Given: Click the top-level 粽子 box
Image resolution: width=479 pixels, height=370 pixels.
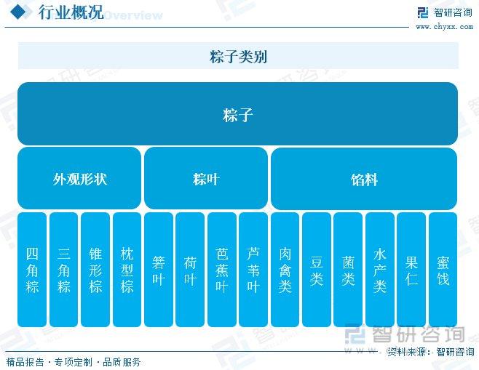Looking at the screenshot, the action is pyautogui.click(x=237, y=113).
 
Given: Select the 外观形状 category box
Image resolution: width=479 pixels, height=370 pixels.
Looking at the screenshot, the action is pyautogui.click(x=79, y=178).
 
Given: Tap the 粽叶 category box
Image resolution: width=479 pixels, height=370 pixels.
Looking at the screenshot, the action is pyautogui.click(x=206, y=178).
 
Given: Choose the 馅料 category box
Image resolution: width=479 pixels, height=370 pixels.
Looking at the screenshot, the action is pyautogui.click(x=364, y=179).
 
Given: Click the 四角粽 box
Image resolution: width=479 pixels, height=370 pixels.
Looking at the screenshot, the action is pyautogui.click(x=32, y=270).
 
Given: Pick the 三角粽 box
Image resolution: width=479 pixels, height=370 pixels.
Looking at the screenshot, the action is pyautogui.click(x=63, y=270).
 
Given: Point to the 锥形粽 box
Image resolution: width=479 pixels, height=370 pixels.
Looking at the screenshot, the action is pyautogui.click(x=95, y=270).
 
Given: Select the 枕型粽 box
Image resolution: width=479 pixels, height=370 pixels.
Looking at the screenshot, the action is pyautogui.click(x=127, y=270).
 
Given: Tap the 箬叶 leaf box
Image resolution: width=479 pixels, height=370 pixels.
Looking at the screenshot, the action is pyautogui.click(x=159, y=270).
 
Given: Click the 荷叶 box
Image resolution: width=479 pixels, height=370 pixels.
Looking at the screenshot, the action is pyautogui.click(x=190, y=270).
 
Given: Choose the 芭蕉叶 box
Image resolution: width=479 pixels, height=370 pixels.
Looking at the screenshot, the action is pyautogui.click(x=222, y=270).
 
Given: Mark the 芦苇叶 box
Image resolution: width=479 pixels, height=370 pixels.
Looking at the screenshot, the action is pyautogui.click(x=253, y=270).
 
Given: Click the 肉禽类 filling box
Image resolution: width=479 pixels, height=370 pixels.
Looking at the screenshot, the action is pyautogui.click(x=285, y=270).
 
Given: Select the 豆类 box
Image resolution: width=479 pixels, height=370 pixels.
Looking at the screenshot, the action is pyautogui.click(x=317, y=270).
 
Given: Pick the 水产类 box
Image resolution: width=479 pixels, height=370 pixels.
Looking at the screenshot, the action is pyautogui.click(x=380, y=270).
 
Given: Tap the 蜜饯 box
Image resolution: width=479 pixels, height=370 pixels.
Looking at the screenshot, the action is pyautogui.click(x=443, y=270).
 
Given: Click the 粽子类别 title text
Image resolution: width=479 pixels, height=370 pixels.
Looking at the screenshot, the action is pyautogui.click(x=238, y=57).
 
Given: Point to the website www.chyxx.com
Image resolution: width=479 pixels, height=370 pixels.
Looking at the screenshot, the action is pyautogui.click(x=445, y=27).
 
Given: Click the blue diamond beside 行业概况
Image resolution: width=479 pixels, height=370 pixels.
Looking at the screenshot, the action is pyautogui.click(x=18, y=12).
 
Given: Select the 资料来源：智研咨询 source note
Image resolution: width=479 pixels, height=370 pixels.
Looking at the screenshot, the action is pyautogui.click(x=430, y=352).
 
